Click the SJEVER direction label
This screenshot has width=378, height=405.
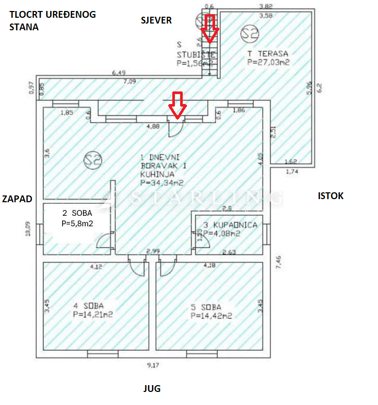coord(156,20)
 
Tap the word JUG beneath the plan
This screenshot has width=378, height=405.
coord(152,389)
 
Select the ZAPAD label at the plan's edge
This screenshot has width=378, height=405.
coord(17,199)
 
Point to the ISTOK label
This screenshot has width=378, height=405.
coord(331,196)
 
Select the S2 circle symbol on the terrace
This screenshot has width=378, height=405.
coord(250,33)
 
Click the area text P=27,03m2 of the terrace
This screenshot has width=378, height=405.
coord(268,62)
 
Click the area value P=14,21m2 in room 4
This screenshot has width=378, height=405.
coord(93,315)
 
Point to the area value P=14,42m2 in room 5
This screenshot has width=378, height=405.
coord(211,316)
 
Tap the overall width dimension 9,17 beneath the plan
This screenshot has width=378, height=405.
coord(152,365)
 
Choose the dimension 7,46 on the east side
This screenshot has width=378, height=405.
coord(279,261)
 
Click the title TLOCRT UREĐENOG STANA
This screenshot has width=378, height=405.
coord(52,20)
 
